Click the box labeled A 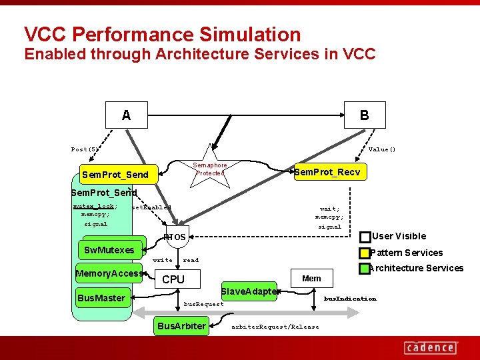[x=127, y=115]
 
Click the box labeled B [x=364, y=115]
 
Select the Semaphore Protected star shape [x=210, y=169]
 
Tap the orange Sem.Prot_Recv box [x=329, y=173]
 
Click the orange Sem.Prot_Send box [x=115, y=175]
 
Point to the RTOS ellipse [x=175, y=236]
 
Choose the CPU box [x=173, y=279]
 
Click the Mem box [x=311, y=278]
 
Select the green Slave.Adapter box [x=248, y=291]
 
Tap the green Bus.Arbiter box [x=180, y=326]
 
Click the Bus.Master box [x=101, y=298]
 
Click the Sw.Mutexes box [x=109, y=251]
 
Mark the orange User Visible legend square [x=365, y=237]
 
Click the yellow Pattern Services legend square [x=364, y=253]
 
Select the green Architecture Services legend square [x=364, y=268]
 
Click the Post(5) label [x=85, y=149]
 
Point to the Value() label [x=382, y=149]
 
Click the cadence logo [x=430, y=347]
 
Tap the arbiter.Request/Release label [x=275, y=327]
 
